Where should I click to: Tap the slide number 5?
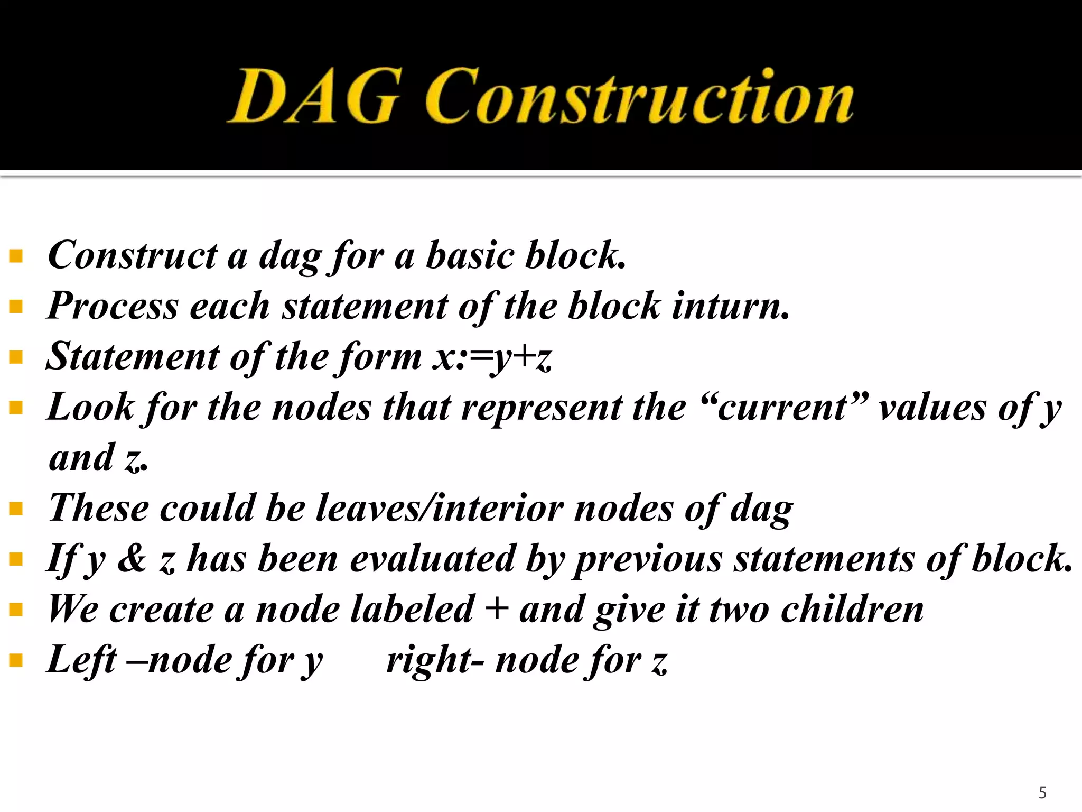(x=1042, y=792)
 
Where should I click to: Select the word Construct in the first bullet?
(x=132, y=255)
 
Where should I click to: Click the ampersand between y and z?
(x=132, y=558)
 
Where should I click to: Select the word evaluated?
(x=433, y=559)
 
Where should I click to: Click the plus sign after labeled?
(x=497, y=608)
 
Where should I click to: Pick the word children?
(x=852, y=609)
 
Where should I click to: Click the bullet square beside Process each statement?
(x=16, y=307)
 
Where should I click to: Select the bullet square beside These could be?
(x=16, y=509)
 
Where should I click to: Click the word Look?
(x=90, y=408)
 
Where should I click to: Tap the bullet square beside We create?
(x=16, y=610)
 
